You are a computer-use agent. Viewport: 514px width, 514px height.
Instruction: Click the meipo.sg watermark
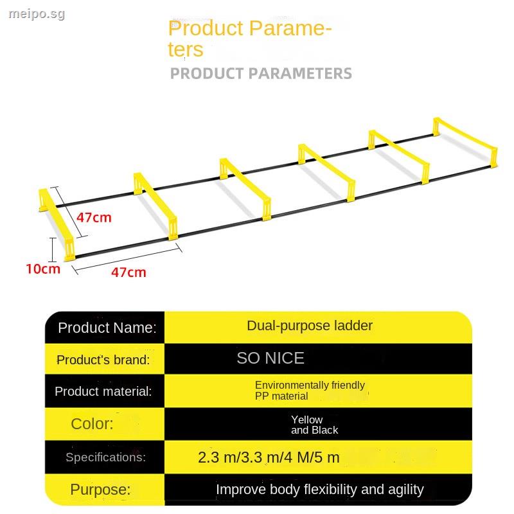tap(33, 13)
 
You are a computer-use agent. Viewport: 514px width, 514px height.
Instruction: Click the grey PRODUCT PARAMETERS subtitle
tap(261, 73)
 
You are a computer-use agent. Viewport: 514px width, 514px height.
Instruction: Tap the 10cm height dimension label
tap(42, 269)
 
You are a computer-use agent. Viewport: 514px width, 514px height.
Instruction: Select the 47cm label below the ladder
tap(128, 272)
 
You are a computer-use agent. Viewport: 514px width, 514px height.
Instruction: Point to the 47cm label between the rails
tap(94, 217)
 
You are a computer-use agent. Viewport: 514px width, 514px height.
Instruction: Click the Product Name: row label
tap(107, 328)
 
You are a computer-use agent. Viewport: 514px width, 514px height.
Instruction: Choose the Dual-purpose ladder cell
tap(310, 326)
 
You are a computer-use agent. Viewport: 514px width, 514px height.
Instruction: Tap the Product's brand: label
tap(103, 360)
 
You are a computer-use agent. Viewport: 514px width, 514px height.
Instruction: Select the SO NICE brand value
tap(270, 359)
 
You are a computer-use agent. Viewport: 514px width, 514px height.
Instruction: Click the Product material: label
tap(103, 391)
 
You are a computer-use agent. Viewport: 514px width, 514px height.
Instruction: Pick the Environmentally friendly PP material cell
tap(310, 391)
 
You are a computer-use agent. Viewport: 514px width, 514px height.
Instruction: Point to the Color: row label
tap(92, 424)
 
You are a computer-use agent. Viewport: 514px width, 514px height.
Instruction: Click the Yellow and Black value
tap(314, 425)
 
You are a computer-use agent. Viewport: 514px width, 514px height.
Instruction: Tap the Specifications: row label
tap(105, 457)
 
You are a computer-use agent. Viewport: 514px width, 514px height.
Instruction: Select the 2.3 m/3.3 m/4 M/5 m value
tap(269, 458)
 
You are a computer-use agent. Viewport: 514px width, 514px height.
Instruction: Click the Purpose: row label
tap(100, 490)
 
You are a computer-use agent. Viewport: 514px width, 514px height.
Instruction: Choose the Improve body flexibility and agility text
tap(319, 490)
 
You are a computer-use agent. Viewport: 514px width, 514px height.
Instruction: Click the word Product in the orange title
tap(206, 28)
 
